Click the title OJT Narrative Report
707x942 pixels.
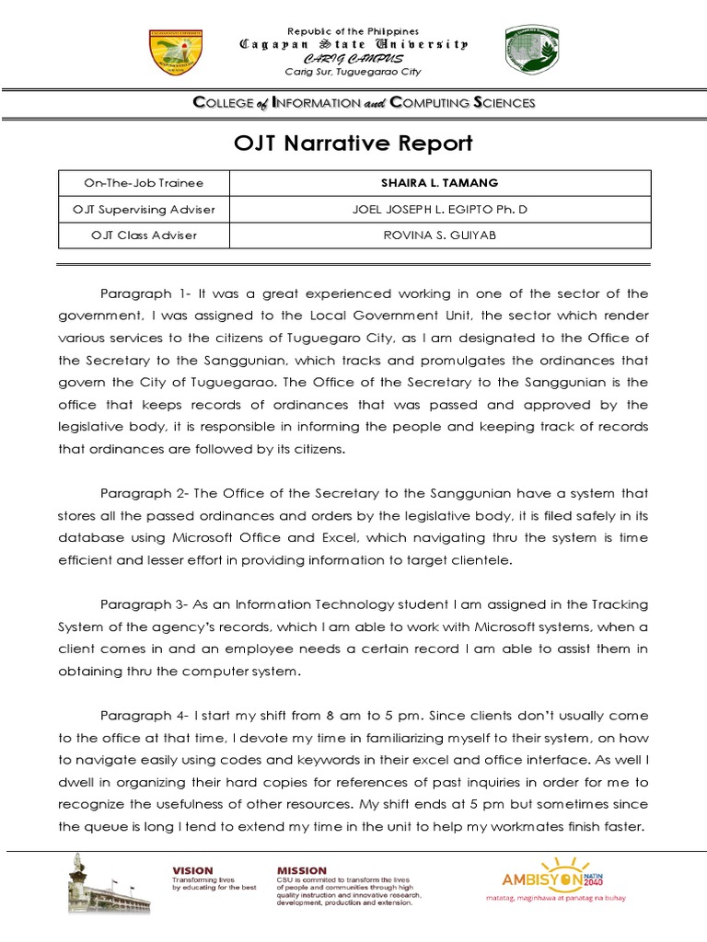coord(353,144)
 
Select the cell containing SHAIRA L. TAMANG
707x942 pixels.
coord(439,183)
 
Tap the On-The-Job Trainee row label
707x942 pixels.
coord(143,183)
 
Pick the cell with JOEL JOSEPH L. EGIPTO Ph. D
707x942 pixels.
coord(439,209)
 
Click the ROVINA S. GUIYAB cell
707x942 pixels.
coord(439,235)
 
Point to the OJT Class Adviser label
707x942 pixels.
coord(143,235)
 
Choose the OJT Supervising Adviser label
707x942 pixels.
coord(143,209)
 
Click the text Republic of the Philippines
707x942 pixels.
coord(353,31)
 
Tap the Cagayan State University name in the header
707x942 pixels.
coord(353,44)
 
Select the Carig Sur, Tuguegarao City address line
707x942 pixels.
coord(353,72)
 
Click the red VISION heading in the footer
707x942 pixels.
coord(192,869)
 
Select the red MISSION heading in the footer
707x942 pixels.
coord(301,869)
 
